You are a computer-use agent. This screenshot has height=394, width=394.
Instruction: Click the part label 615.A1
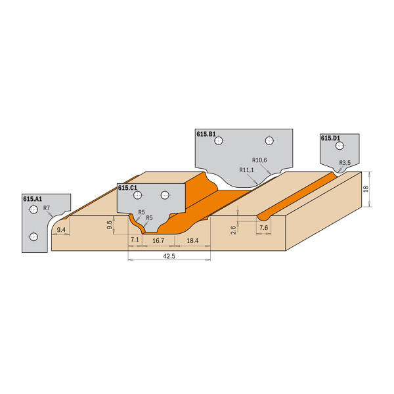pos(32,199)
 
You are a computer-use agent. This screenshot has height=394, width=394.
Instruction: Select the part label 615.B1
pos(206,134)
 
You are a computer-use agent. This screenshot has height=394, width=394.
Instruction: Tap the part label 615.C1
pos(127,188)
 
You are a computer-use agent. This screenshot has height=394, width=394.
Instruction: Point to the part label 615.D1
pos(330,138)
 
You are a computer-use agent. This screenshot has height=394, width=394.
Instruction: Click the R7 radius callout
pos(47,208)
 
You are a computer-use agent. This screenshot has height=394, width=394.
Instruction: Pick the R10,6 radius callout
pos(259,160)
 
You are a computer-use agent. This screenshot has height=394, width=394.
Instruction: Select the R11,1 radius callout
pos(246,170)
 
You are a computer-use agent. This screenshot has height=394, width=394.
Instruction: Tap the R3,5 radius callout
pos(345,163)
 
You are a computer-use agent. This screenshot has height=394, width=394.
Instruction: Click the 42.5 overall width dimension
pos(169,256)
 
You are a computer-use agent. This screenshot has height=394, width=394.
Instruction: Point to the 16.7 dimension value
pos(158,241)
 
